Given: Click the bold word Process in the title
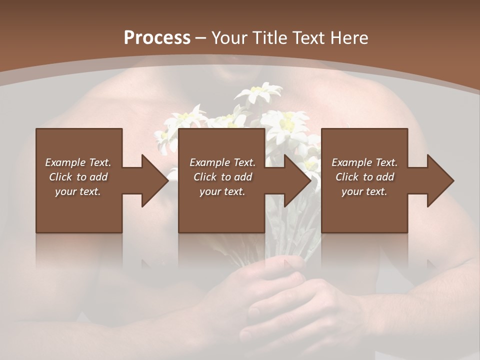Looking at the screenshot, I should (157, 38).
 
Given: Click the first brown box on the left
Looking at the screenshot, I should (79, 210).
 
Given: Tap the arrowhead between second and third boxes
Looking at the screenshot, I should (297, 180).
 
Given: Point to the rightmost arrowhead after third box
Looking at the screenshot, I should (440, 180).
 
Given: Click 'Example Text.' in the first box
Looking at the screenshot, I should (78, 162).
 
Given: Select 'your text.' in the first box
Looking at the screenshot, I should (78, 191).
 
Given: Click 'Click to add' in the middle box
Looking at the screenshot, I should (222, 177).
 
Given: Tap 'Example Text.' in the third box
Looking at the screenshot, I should (364, 162).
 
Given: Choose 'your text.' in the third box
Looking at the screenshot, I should (364, 191).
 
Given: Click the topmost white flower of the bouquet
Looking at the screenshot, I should (259, 93).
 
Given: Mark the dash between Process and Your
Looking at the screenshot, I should (201, 38).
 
